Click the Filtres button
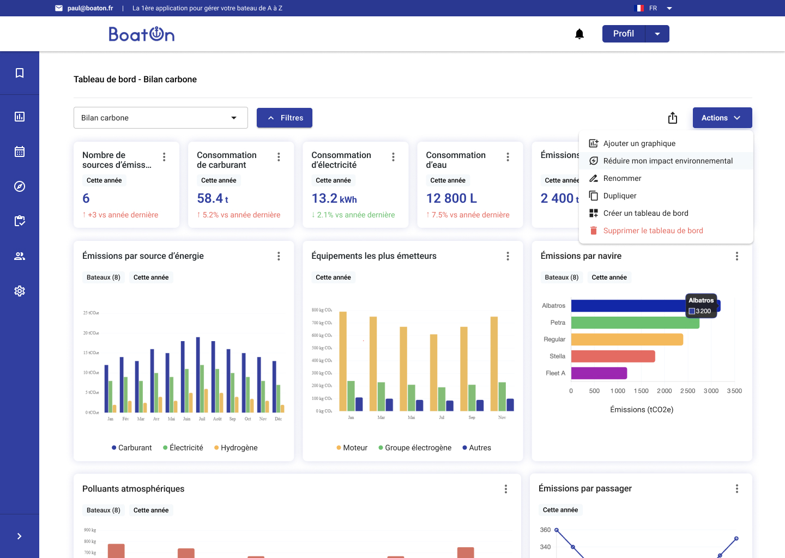pyautogui.click(x=284, y=118)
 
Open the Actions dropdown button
pyautogui.click(x=722, y=118)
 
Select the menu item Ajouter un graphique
pyautogui.click(x=639, y=143)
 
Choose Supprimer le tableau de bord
pyautogui.click(x=653, y=231)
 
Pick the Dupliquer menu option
pyautogui.click(x=619, y=196)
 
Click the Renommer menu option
pyautogui.click(x=622, y=178)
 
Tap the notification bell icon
pyautogui.click(x=579, y=34)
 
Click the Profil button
pyautogui.click(x=623, y=34)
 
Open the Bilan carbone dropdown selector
pyautogui.click(x=160, y=118)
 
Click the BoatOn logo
pyautogui.click(x=142, y=34)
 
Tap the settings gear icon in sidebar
pyautogui.click(x=20, y=291)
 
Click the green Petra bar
pyautogui.click(x=635, y=323)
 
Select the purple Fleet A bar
pyautogui.click(x=599, y=373)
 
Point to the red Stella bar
pyautogui.click(x=613, y=356)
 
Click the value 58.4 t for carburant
pyautogui.click(x=213, y=198)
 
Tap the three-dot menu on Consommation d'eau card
pyautogui.click(x=508, y=157)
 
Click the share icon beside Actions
pyautogui.click(x=673, y=118)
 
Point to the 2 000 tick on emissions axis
pyautogui.click(x=664, y=391)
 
